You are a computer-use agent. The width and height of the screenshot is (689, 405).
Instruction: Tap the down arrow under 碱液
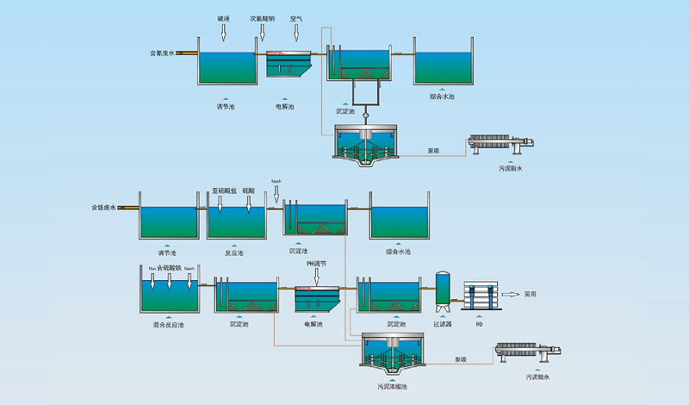[x=223, y=32]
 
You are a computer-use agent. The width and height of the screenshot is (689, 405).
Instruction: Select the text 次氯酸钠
[x=263, y=17]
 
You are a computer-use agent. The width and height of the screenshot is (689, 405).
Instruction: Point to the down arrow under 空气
[x=295, y=32]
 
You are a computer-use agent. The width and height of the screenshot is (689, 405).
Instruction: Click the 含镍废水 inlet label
[x=103, y=208]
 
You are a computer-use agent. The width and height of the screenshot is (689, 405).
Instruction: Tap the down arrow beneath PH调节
[x=317, y=277]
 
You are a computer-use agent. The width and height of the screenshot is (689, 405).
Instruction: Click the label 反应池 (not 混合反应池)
[x=234, y=252]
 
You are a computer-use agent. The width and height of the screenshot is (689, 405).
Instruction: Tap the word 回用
[x=531, y=294]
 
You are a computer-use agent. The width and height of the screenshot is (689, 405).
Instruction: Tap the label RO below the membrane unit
[x=480, y=324]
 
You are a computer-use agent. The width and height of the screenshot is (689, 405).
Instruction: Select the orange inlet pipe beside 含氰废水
[x=185, y=53]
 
